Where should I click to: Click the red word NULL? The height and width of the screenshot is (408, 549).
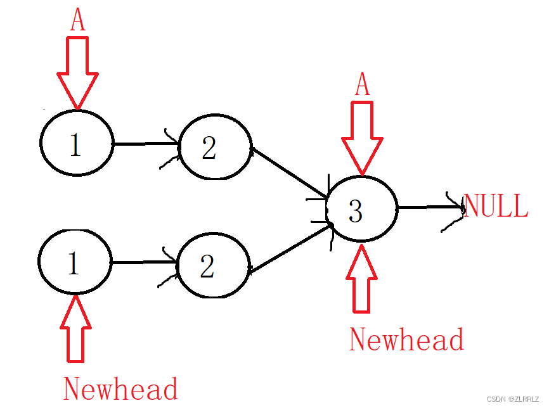click(x=496, y=206)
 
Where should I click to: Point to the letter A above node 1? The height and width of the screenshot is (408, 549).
click(x=78, y=19)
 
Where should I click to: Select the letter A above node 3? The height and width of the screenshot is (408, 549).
click(x=363, y=84)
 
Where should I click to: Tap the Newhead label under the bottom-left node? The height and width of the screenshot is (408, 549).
click(x=121, y=388)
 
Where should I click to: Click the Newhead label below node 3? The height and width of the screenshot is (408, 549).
click(x=406, y=339)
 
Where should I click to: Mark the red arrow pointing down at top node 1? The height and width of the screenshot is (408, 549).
click(x=77, y=73)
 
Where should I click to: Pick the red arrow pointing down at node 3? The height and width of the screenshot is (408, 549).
click(x=363, y=138)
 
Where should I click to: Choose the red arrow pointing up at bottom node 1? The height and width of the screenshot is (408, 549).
click(x=75, y=329)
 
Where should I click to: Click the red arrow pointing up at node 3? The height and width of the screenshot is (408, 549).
click(x=362, y=278)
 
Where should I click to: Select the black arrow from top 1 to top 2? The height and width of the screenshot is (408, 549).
click(x=147, y=143)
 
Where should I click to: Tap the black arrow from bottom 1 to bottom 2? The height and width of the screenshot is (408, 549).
click(x=145, y=262)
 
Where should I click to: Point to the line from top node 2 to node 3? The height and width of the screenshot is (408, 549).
click(x=290, y=173)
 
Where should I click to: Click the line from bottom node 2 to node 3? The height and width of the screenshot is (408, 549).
click(x=290, y=248)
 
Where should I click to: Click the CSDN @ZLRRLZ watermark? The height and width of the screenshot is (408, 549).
click(x=513, y=399)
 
